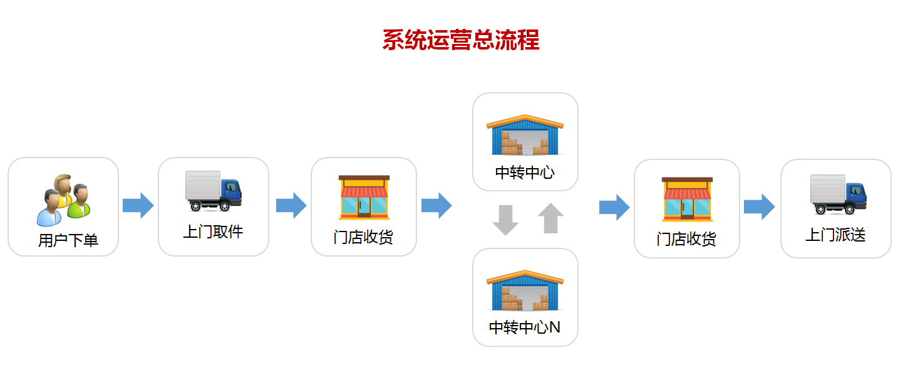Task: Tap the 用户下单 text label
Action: click(x=68, y=240)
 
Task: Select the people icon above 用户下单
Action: click(x=63, y=200)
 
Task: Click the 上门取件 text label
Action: click(x=213, y=231)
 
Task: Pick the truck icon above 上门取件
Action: click(x=213, y=191)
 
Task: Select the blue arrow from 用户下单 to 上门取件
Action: click(x=138, y=206)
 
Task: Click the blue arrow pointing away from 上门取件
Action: click(x=291, y=206)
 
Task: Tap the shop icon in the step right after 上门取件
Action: click(x=364, y=197)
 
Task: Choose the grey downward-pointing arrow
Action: click(x=505, y=219)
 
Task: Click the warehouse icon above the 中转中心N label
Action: click(x=525, y=290)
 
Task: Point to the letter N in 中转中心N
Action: click(x=554, y=327)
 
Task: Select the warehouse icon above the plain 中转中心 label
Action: click(x=525, y=135)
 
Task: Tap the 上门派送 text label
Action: click(x=835, y=235)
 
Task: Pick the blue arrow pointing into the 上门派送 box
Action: click(x=759, y=207)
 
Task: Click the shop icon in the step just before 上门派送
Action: click(x=687, y=199)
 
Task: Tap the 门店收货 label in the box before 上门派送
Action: click(x=686, y=239)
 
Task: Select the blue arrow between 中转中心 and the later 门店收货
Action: click(x=614, y=207)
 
